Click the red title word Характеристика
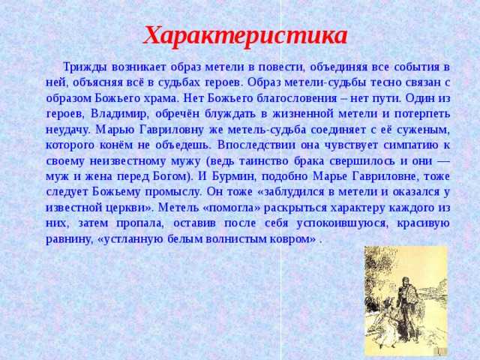point(245,36)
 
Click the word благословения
point(296,98)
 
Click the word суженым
point(423,130)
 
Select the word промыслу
point(173,192)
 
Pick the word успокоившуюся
point(342,223)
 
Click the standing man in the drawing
point(407,309)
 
